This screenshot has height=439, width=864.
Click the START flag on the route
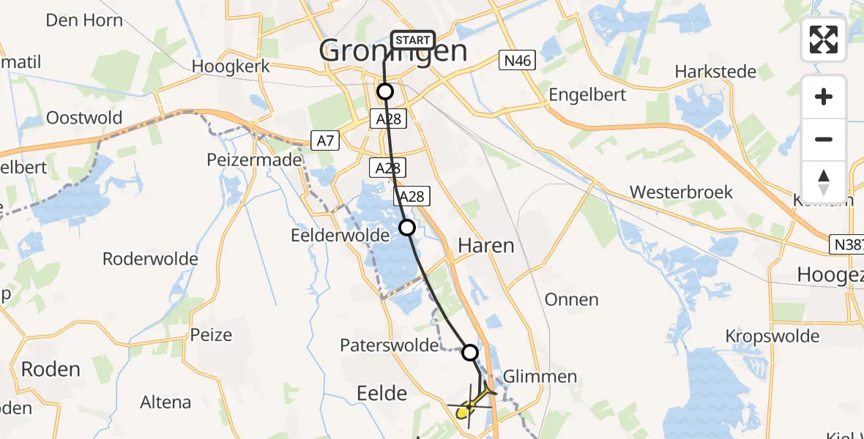(x=414, y=40)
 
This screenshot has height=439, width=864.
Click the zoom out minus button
(x=824, y=140)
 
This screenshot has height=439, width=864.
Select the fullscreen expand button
(x=824, y=40)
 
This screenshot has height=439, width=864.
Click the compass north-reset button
(x=824, y=182)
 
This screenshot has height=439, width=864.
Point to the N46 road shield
(x=518, y=61)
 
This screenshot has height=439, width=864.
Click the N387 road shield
(x=847, y=245)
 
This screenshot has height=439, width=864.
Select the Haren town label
(x=485, y=246)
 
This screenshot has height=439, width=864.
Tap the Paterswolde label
(x=389, y=345)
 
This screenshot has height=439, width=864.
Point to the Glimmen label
(x=540, y=377)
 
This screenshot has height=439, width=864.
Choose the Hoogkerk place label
(x=231, y=67)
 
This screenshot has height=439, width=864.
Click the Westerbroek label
(x=681, y=192)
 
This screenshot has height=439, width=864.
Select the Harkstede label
(x=715, y=72)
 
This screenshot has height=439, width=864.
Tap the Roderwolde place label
(x=150, y=259)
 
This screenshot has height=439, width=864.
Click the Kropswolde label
(x=772, y=337)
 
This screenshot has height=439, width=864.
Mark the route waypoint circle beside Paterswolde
(x=470, y=353)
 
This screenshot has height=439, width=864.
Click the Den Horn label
(x=84, y=20)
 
